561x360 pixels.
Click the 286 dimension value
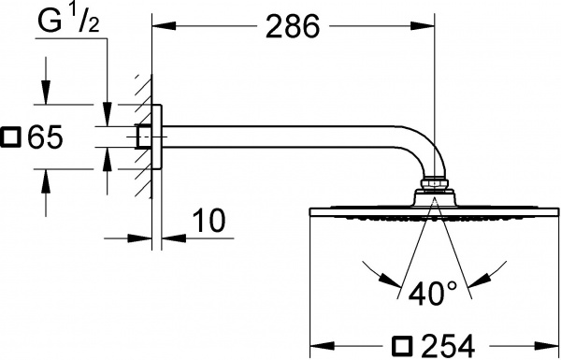click(292, 27)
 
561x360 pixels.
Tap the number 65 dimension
click(44, 137)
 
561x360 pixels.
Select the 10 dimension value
click(210, 222)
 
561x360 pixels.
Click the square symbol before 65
click(11, 137)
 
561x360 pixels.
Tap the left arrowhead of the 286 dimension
click(160, 27)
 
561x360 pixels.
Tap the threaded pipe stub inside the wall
click(143, 137)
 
